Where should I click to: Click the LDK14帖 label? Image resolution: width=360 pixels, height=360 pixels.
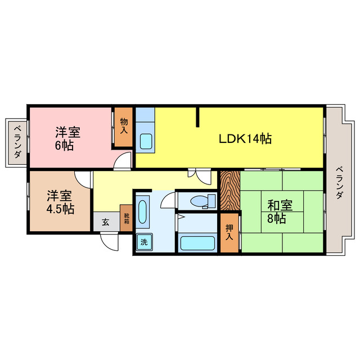pyautogui.click(x=245, y=138)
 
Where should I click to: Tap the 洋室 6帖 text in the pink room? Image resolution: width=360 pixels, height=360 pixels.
pyautogui.click(x=67, y=138)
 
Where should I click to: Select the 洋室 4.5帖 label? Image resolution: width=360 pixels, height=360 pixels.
pyautogui.click(x=60, y=202)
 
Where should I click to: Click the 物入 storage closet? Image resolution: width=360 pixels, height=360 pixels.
pyautogui.click(x=124, y=127)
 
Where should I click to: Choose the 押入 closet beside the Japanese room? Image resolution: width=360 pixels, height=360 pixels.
pyautogui.click(x=229, y=231)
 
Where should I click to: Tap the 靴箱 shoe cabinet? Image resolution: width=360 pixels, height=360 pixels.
pyautogui.click(x=126, y=218)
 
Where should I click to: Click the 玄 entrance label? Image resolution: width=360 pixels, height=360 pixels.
pyautogui.click(x=106, y=222)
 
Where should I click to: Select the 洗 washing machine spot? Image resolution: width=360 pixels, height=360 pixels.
pyautogui.click(x=143, y=242)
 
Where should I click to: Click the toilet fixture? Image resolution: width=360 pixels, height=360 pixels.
pyautogui.click(x=200, y=200)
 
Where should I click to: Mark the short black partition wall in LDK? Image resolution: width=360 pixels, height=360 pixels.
pyautogui.click(x=198, y=117)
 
